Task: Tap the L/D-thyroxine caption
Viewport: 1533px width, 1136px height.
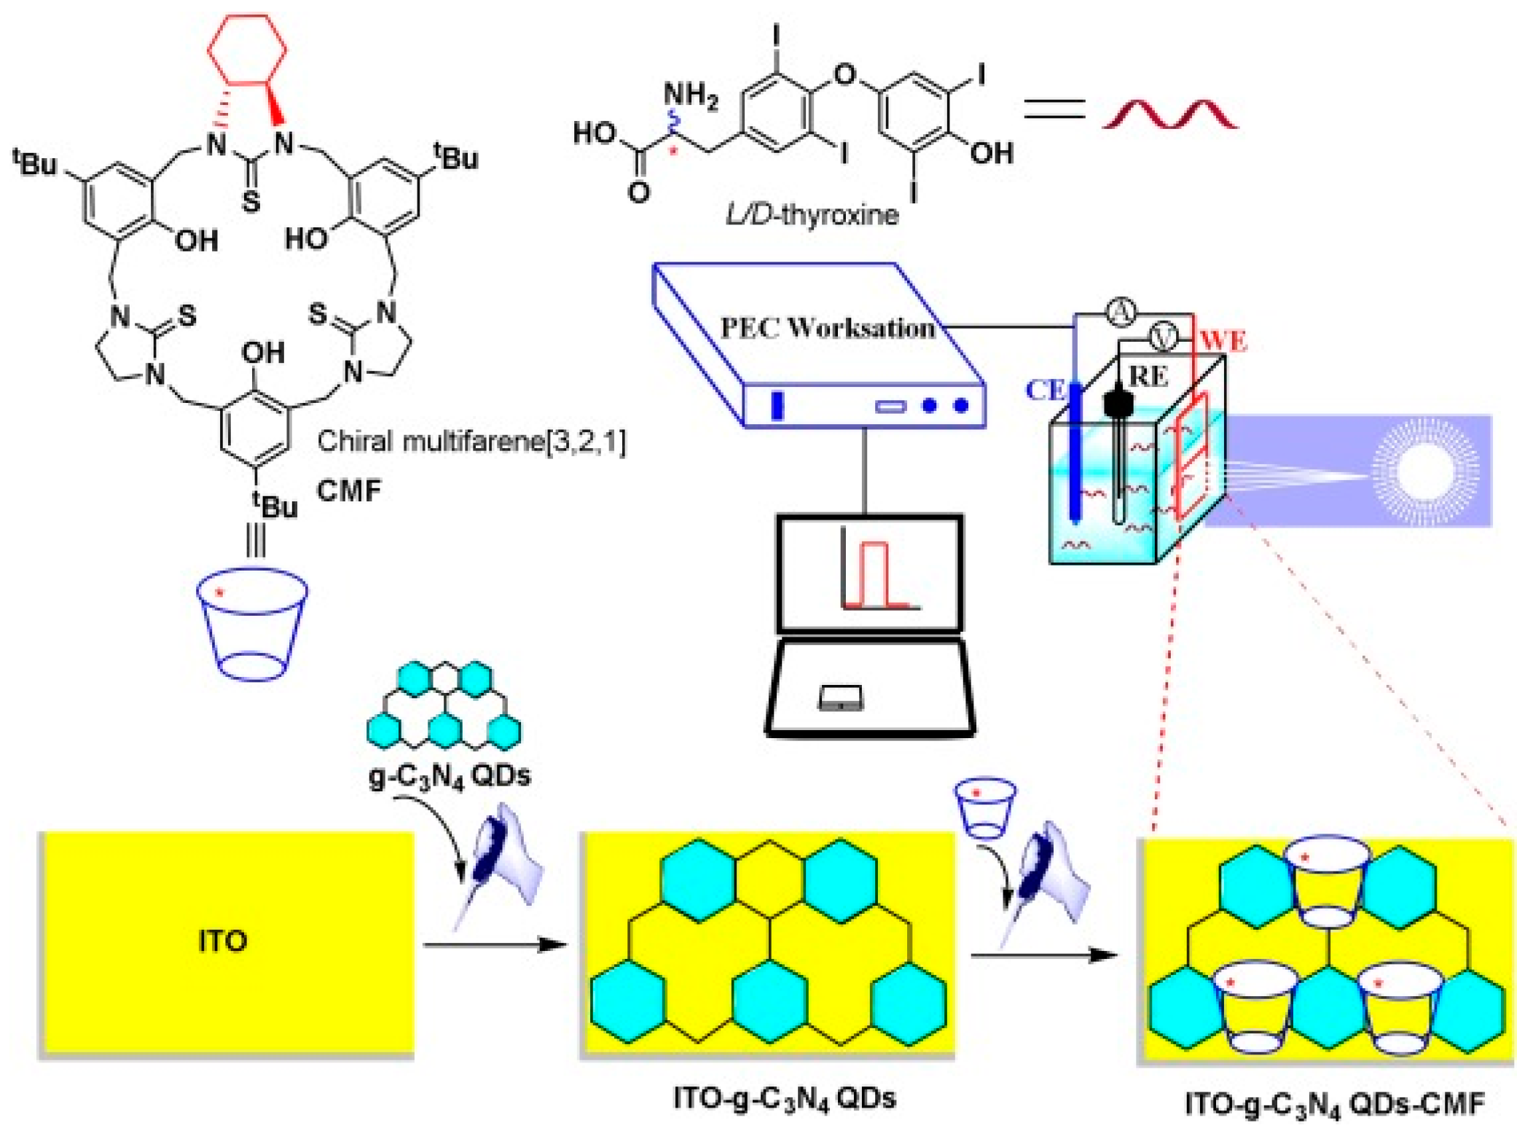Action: click(812, 215)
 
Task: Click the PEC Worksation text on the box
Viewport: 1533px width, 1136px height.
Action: click(827, 328)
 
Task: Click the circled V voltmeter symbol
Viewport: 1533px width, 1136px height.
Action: click(1164, 337)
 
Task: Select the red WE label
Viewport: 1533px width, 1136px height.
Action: click(1223, 340)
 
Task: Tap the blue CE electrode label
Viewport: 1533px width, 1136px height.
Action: click(1045, 390)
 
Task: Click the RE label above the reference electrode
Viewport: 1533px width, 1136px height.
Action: click(1148, 376)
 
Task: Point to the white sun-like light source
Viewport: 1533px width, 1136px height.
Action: click(1424, 470)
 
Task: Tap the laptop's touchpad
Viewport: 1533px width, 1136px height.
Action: click(840, 697)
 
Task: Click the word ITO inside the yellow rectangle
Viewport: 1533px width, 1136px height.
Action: click(223, 941)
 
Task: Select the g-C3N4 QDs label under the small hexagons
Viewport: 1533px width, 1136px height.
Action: click(450, 776)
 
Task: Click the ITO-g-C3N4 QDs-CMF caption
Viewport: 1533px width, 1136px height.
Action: click(1333, 1104)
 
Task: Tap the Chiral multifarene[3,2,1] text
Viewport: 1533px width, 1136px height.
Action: click(471, 441)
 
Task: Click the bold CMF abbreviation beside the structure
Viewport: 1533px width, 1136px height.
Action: click(349, 490)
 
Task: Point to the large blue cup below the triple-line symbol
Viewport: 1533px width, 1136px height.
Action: click(252, 624)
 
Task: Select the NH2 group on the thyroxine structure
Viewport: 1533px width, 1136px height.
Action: click(690, 95)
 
